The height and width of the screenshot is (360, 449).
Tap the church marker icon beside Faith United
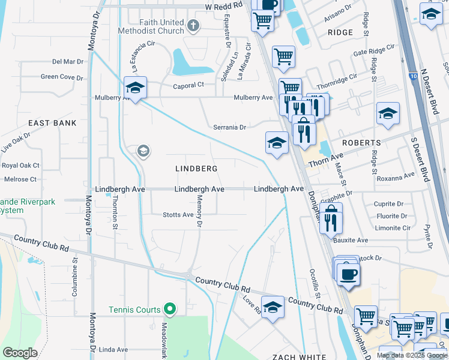coord(193,25)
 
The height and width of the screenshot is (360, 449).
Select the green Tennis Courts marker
coord(170,310)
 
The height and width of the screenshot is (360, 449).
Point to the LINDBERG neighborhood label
coord(196,169)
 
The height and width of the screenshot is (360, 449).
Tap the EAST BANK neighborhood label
coord(52,123)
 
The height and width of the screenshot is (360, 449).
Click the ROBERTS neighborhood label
coord(361,143)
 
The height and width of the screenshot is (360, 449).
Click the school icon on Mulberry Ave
coord(135,88)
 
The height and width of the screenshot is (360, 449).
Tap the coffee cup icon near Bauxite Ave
coord(348,274)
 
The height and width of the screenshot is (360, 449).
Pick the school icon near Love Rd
coord(273,307)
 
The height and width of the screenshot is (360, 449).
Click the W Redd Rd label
coord(223,5)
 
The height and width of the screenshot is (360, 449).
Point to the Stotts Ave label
coord(178,214)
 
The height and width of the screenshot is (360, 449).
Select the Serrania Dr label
coord(230,127)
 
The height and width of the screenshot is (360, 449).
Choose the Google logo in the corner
coord(20,353)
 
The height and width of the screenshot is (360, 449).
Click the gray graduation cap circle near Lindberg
coord(143,151)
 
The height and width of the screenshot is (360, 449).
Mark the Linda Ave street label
coord(113,349)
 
